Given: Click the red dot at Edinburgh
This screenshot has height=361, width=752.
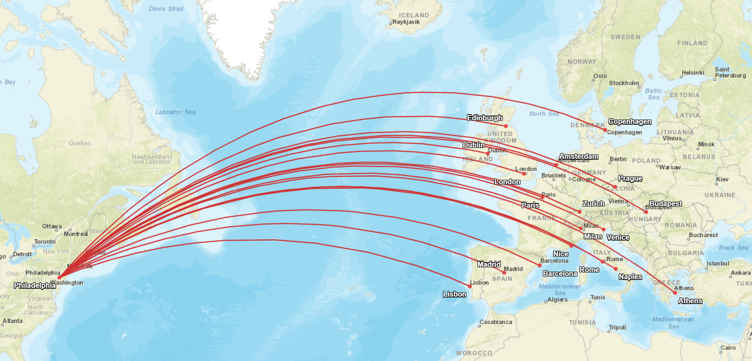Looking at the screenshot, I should pos(506,126).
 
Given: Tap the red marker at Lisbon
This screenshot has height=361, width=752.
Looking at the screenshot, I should pos(469,286).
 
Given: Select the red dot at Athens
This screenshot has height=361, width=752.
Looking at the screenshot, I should pos(675,293).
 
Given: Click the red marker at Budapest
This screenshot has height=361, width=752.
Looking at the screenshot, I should pos(646,212).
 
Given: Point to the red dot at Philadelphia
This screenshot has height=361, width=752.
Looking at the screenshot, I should pos(59,277).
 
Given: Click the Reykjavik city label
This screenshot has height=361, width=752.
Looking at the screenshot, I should pos(406,22).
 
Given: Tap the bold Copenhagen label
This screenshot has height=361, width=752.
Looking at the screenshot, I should pos(630,121).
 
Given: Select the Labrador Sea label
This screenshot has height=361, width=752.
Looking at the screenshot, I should pos(175,112).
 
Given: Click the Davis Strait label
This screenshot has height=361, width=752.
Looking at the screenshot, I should pos(166,9).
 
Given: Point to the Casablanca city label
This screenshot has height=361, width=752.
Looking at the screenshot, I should pos(496,322).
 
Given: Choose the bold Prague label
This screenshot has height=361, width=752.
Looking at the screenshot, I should pos(630,178).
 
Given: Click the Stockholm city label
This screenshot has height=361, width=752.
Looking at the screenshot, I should pos(624,83).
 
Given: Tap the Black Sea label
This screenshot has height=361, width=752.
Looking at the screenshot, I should pos(733,247).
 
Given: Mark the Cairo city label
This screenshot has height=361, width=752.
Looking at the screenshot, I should pos(728,347).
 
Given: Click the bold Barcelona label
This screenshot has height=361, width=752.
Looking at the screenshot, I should pos(560,273).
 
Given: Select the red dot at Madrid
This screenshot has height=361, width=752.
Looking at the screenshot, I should pos(504,272).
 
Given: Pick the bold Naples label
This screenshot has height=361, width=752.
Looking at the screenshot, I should pos(630,277).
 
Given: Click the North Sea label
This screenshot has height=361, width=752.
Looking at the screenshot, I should pos(544,114).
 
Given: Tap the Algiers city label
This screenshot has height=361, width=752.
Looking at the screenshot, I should pos(557,299).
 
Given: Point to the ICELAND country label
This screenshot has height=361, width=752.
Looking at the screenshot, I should pos(414,15).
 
